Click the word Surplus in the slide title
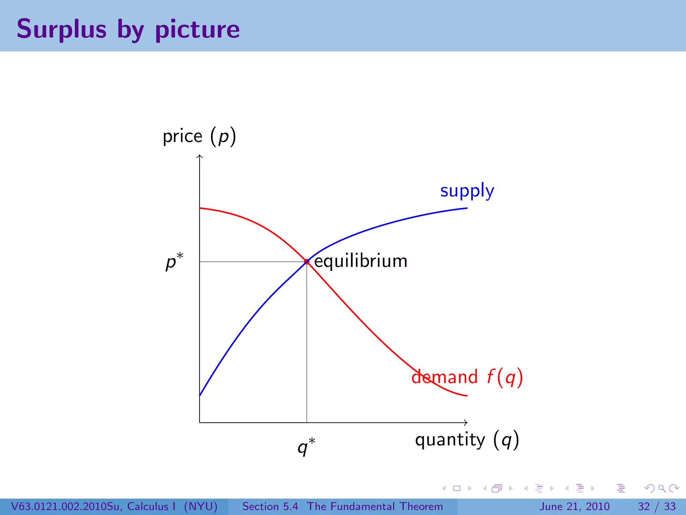click(62, 30)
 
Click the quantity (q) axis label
click(467, 440)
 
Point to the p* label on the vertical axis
click(174, 261)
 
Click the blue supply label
click(467, 191)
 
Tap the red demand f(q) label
click(467, 377)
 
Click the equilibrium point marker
click(306, 262)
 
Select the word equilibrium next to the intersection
click(361, 261)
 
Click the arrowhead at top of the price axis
click(200, 156)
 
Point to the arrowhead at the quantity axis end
click(466, 422)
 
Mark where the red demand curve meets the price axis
click(200, 208)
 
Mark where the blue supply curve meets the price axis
click(200, 395)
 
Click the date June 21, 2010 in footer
click(574, 506)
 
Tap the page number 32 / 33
click(657, 506)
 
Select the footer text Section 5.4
click(270, 506)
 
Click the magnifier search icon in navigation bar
click(662, 488)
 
